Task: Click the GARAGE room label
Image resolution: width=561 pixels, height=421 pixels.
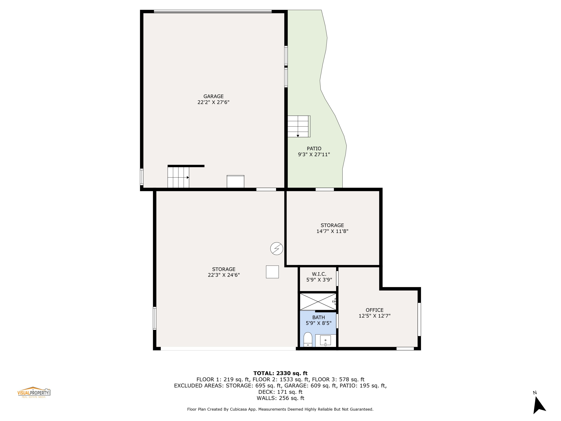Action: click(213, 96)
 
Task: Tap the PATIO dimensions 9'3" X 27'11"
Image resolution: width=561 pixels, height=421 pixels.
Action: click(314, 155)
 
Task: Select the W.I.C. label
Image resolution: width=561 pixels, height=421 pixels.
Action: click(319, 274)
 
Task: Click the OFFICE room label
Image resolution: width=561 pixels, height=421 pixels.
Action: click(374, 310)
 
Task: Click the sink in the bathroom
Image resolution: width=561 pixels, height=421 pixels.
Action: click(325, 341)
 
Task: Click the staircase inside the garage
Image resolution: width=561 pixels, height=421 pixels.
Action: click(178, 177)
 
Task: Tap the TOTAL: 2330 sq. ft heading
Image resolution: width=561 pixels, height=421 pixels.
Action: click(280, 373)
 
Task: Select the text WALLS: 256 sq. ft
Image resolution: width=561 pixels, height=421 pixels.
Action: click(280, 398)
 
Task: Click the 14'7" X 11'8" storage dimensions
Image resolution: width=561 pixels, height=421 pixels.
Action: click(332, 231)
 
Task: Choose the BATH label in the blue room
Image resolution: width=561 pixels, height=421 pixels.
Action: click(318, 318)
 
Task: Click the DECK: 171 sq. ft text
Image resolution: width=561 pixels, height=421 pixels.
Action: click(280, 392)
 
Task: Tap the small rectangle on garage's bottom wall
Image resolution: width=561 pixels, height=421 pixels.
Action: click(235, 181)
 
